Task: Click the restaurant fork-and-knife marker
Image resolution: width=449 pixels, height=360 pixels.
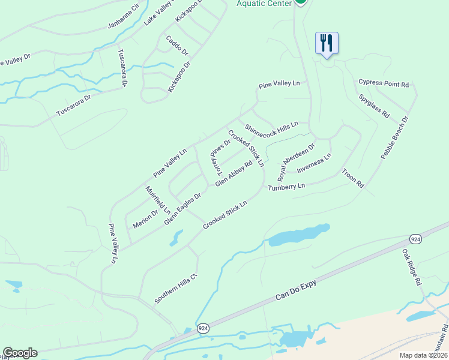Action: (x=327, y=43)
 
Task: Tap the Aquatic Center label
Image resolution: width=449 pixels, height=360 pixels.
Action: (x=263, y=3)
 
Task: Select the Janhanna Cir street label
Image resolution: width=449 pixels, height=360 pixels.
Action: (x=123, y=16)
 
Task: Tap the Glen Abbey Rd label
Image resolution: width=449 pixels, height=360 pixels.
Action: (x=234, y=173)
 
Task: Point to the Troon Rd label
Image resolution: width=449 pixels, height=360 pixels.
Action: (x=353, y=179)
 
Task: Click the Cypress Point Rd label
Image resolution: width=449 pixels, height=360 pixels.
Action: (x=384, y=84)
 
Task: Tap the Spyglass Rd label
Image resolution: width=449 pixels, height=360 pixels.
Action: (x=374, y=106)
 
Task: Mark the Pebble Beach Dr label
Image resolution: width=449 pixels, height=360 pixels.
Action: (x=394, y=137)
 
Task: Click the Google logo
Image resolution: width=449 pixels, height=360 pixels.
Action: (x=20, y=353)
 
